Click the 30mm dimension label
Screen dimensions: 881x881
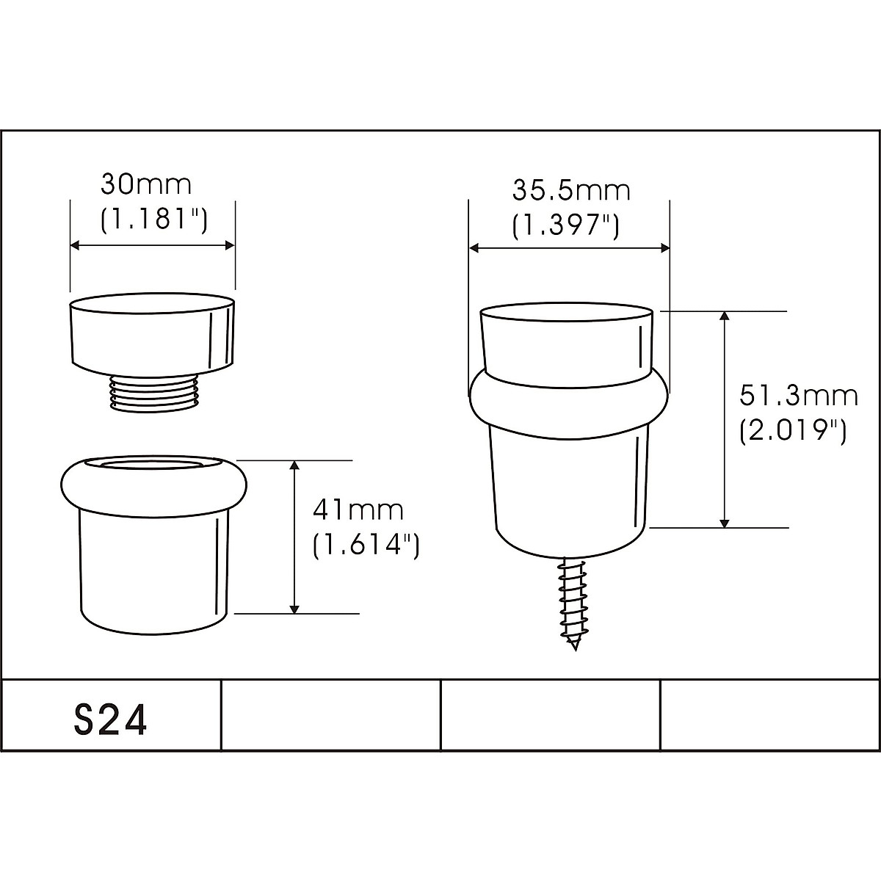[145, 185]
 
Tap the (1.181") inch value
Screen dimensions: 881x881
[153, 220]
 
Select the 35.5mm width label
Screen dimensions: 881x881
[571, 190]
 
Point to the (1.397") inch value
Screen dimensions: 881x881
[565, 225]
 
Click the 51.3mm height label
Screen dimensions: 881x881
[799, 396]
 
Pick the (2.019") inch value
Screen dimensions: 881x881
[793, 431]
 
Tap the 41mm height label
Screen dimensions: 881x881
[358, 510]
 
